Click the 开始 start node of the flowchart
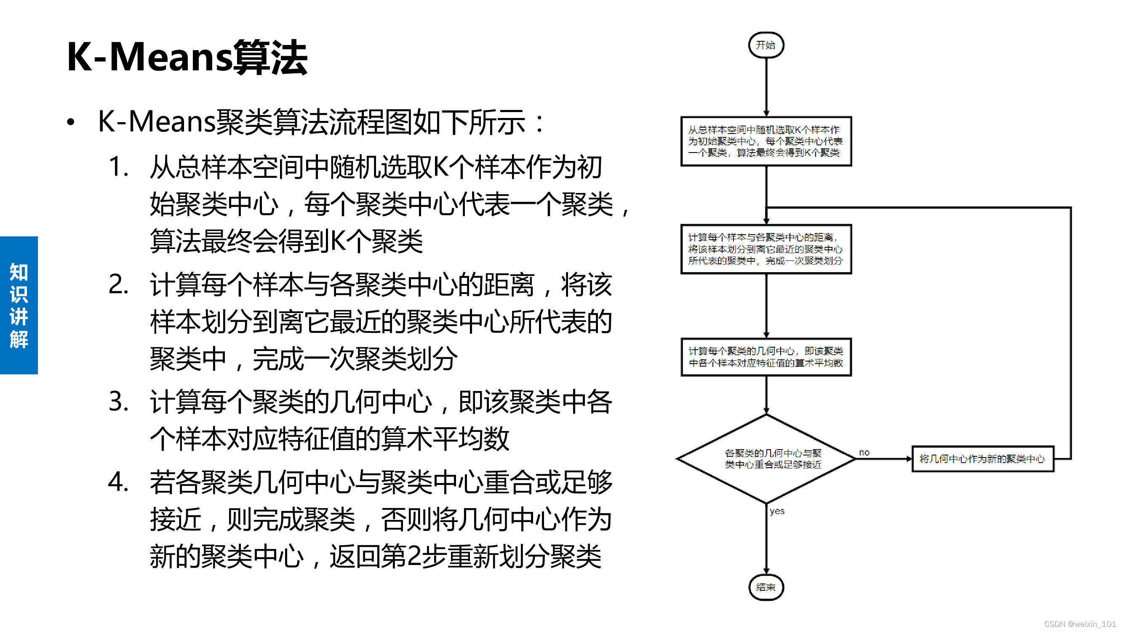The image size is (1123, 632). pos(766,45)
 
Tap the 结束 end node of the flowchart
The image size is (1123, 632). pos(766,587)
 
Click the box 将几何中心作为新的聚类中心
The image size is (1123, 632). pos(982,458)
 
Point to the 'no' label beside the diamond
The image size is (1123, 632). pos(864,452)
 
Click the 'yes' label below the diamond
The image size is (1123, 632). pos(777,511)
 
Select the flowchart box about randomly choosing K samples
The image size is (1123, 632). pos(766,141)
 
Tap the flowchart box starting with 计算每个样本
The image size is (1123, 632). pos(766,249)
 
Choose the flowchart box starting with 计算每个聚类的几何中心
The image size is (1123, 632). pos(766,357)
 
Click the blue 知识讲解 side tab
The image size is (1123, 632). pos(19,305)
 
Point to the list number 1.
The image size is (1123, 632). pos(118,166)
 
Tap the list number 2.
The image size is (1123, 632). pos(118,284)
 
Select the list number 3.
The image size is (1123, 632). pos(118,401)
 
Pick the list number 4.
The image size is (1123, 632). pos(118,482)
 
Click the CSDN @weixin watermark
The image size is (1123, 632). pos(1080,624)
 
